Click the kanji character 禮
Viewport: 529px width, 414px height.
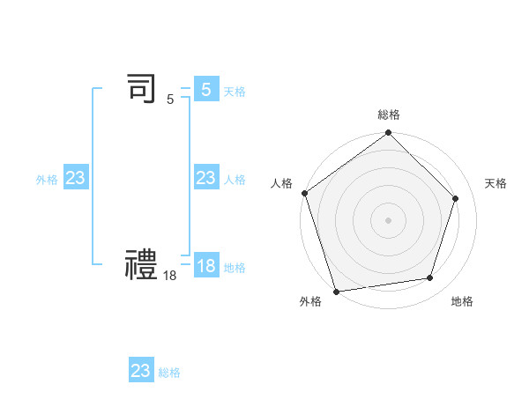[x=142, y=264]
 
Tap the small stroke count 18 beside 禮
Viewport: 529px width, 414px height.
[x=170, y=276]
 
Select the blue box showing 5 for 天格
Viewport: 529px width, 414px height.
[x=205, y=90]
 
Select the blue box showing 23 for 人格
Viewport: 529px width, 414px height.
[x=205, y=178]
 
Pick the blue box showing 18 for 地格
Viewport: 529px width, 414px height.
[x=205, y=266]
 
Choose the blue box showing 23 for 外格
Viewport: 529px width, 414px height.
[x=75, y=178]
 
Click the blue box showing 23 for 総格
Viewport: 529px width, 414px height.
[x=141, y=371]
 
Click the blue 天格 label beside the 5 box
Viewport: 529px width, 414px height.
[x=235, y=92]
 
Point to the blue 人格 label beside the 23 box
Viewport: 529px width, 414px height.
[x=235, y=180]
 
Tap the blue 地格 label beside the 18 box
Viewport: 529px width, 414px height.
[x=235, y=268]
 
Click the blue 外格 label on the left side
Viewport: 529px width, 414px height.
[x=47, y=180]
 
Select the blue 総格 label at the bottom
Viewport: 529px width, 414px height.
[x=169, y=373]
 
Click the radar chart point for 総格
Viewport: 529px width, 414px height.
[x=389, y=134]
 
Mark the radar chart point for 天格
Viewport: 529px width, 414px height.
[x=456, y=198]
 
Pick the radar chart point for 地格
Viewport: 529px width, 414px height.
[x=430, y=277]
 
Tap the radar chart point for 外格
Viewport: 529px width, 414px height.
[x=337, y=291]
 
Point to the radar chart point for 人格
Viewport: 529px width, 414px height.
[x=305, y=193]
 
